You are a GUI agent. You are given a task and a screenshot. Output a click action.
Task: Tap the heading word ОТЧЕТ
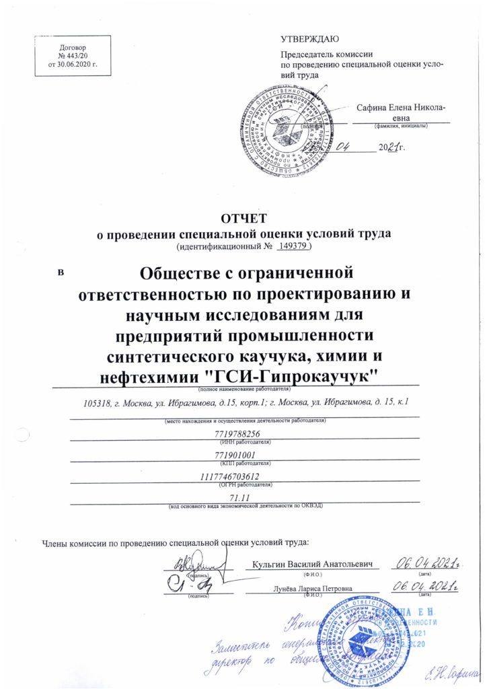(243, 218)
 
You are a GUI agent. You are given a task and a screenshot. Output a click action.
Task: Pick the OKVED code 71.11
(240, 497)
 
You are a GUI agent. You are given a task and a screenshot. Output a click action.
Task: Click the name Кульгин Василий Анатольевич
(313, 563)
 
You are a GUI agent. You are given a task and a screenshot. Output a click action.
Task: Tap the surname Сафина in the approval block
(371, 107)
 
